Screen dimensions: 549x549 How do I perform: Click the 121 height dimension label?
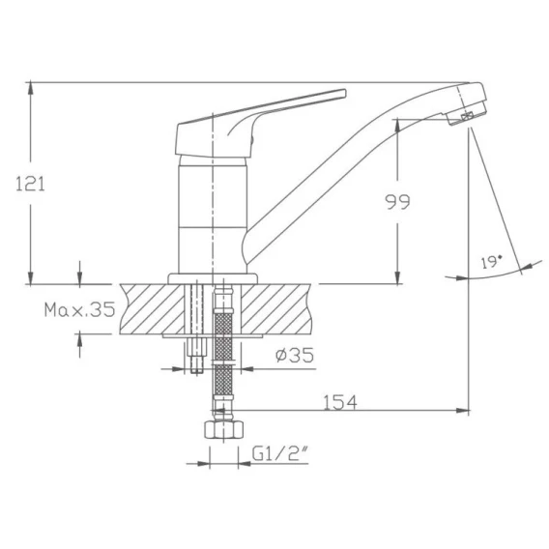click(x=31, y=185)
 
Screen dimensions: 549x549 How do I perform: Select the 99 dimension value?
click(x=397, y=202)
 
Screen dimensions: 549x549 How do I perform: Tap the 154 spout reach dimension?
click(x=340, y=402)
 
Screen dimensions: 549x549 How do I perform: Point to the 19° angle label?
click(x=492, y=262)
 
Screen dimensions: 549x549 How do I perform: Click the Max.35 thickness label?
click(x=80, y=309)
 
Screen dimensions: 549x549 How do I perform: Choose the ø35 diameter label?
click(x=295, y=356)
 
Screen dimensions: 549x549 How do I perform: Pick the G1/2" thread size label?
click(x=279, y=454)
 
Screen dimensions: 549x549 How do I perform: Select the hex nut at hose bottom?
click(x=223, y=429)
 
